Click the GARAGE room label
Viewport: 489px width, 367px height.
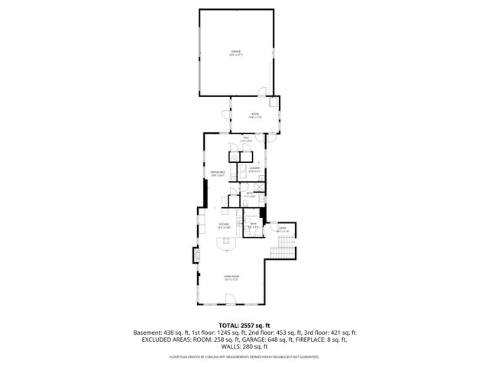pyautogui.click(x=236, y=54)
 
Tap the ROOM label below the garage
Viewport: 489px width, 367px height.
pyautogui.click(x=255, y=115)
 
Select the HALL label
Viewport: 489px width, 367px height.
pyautogui.click(x=246, y=140)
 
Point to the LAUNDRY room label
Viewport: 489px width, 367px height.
pyautogui.click(x=254, y=169)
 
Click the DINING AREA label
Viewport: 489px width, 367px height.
pyautogui.click(x=218, y=174)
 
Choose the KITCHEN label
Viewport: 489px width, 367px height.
pyautogui.click(x=224, y=226)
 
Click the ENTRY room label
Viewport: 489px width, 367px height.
pyautogui.click(x=282, y=230)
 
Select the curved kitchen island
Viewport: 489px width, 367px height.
pyautogui.click(x=227, y=243)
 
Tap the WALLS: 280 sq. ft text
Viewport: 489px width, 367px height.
pyautogui.click(x=244, y=346)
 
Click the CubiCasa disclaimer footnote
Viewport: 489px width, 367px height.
pyautogui.click(x=244, y=357)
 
